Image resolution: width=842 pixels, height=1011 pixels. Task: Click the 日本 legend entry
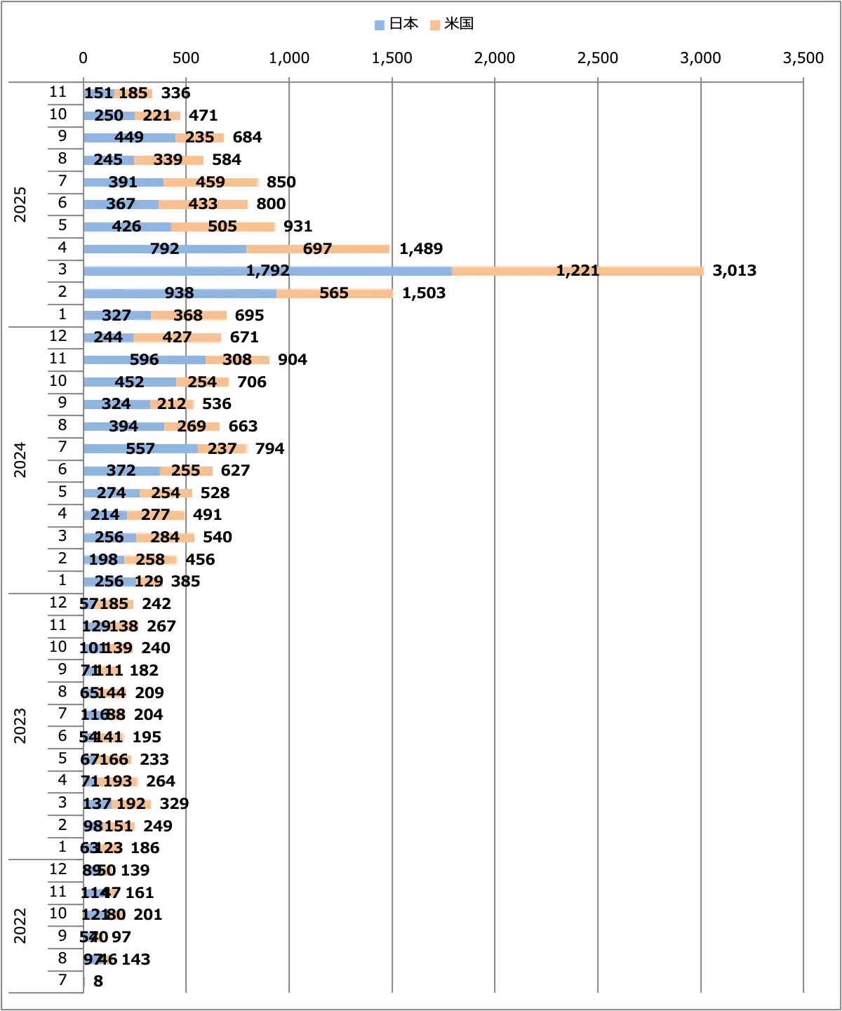[x=396, y=24]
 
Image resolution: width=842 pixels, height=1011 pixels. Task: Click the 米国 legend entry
[x=452, y=24]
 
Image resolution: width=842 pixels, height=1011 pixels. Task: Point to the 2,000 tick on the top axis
[x=495, y=58]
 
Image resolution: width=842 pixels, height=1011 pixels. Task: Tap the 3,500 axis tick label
[x=803, y=58]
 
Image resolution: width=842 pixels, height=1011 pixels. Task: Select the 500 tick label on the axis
[x=186, y=58]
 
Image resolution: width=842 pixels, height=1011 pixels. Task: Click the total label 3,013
[x=734, y=271]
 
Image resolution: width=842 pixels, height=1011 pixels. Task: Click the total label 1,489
[x=421, y=249]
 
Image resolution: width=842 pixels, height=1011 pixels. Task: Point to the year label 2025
[x=20, y=204]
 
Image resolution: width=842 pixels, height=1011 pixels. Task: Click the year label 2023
[x=20, y=726]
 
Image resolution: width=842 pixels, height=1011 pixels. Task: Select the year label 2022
[x=20, y=925]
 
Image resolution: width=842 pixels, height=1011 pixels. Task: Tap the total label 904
[x=292, y=360]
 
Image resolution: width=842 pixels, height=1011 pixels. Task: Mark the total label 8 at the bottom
[x=98, y=982]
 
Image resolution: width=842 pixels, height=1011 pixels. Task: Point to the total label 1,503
[x=423, y=293]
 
